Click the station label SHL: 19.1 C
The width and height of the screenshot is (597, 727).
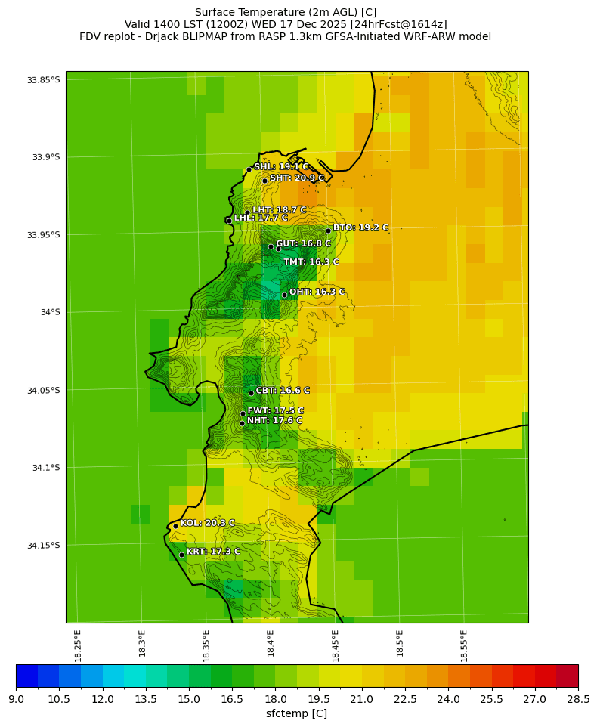[281, 166]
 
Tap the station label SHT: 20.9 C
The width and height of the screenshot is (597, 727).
[297, 178]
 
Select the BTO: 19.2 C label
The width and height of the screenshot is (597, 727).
[360, 227]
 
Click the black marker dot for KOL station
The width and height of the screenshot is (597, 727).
[175, 526]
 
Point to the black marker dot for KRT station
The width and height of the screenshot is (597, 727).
[181, 555]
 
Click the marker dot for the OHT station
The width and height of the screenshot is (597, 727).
[284, 295]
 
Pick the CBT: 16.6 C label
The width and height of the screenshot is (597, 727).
[283, 391]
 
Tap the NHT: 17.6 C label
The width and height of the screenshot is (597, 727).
[274, 421]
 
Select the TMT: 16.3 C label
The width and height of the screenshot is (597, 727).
[311, 262]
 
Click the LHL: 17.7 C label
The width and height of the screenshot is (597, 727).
[261, 218]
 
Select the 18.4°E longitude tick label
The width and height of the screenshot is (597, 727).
[271, 646]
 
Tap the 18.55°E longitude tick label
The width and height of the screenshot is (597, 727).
[464, 646]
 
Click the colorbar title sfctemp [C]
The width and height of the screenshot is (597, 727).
[296, 714]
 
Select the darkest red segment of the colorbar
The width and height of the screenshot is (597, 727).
[567, 675]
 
